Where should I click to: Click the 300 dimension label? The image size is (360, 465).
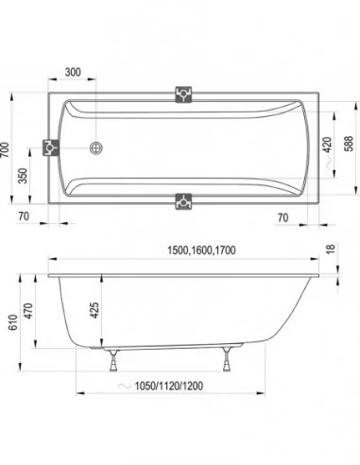73,72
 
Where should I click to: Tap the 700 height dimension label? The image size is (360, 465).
6,150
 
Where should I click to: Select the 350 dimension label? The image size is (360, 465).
23,176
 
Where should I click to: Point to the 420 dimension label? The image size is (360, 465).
328,145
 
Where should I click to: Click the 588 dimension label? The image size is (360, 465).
349,144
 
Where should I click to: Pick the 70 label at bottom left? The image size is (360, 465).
24,216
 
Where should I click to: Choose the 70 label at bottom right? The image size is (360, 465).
283,217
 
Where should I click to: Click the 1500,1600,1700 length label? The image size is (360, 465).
201,250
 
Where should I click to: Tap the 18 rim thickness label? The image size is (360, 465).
331,249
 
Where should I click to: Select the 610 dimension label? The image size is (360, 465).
13,322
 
